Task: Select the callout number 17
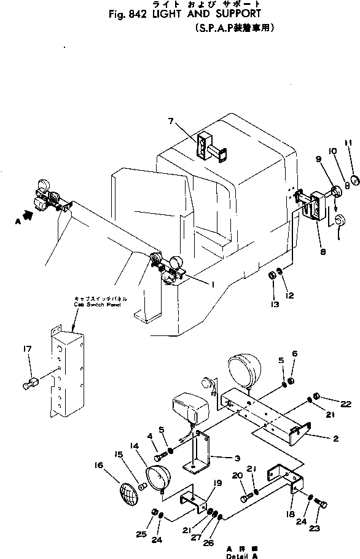(26, 350)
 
